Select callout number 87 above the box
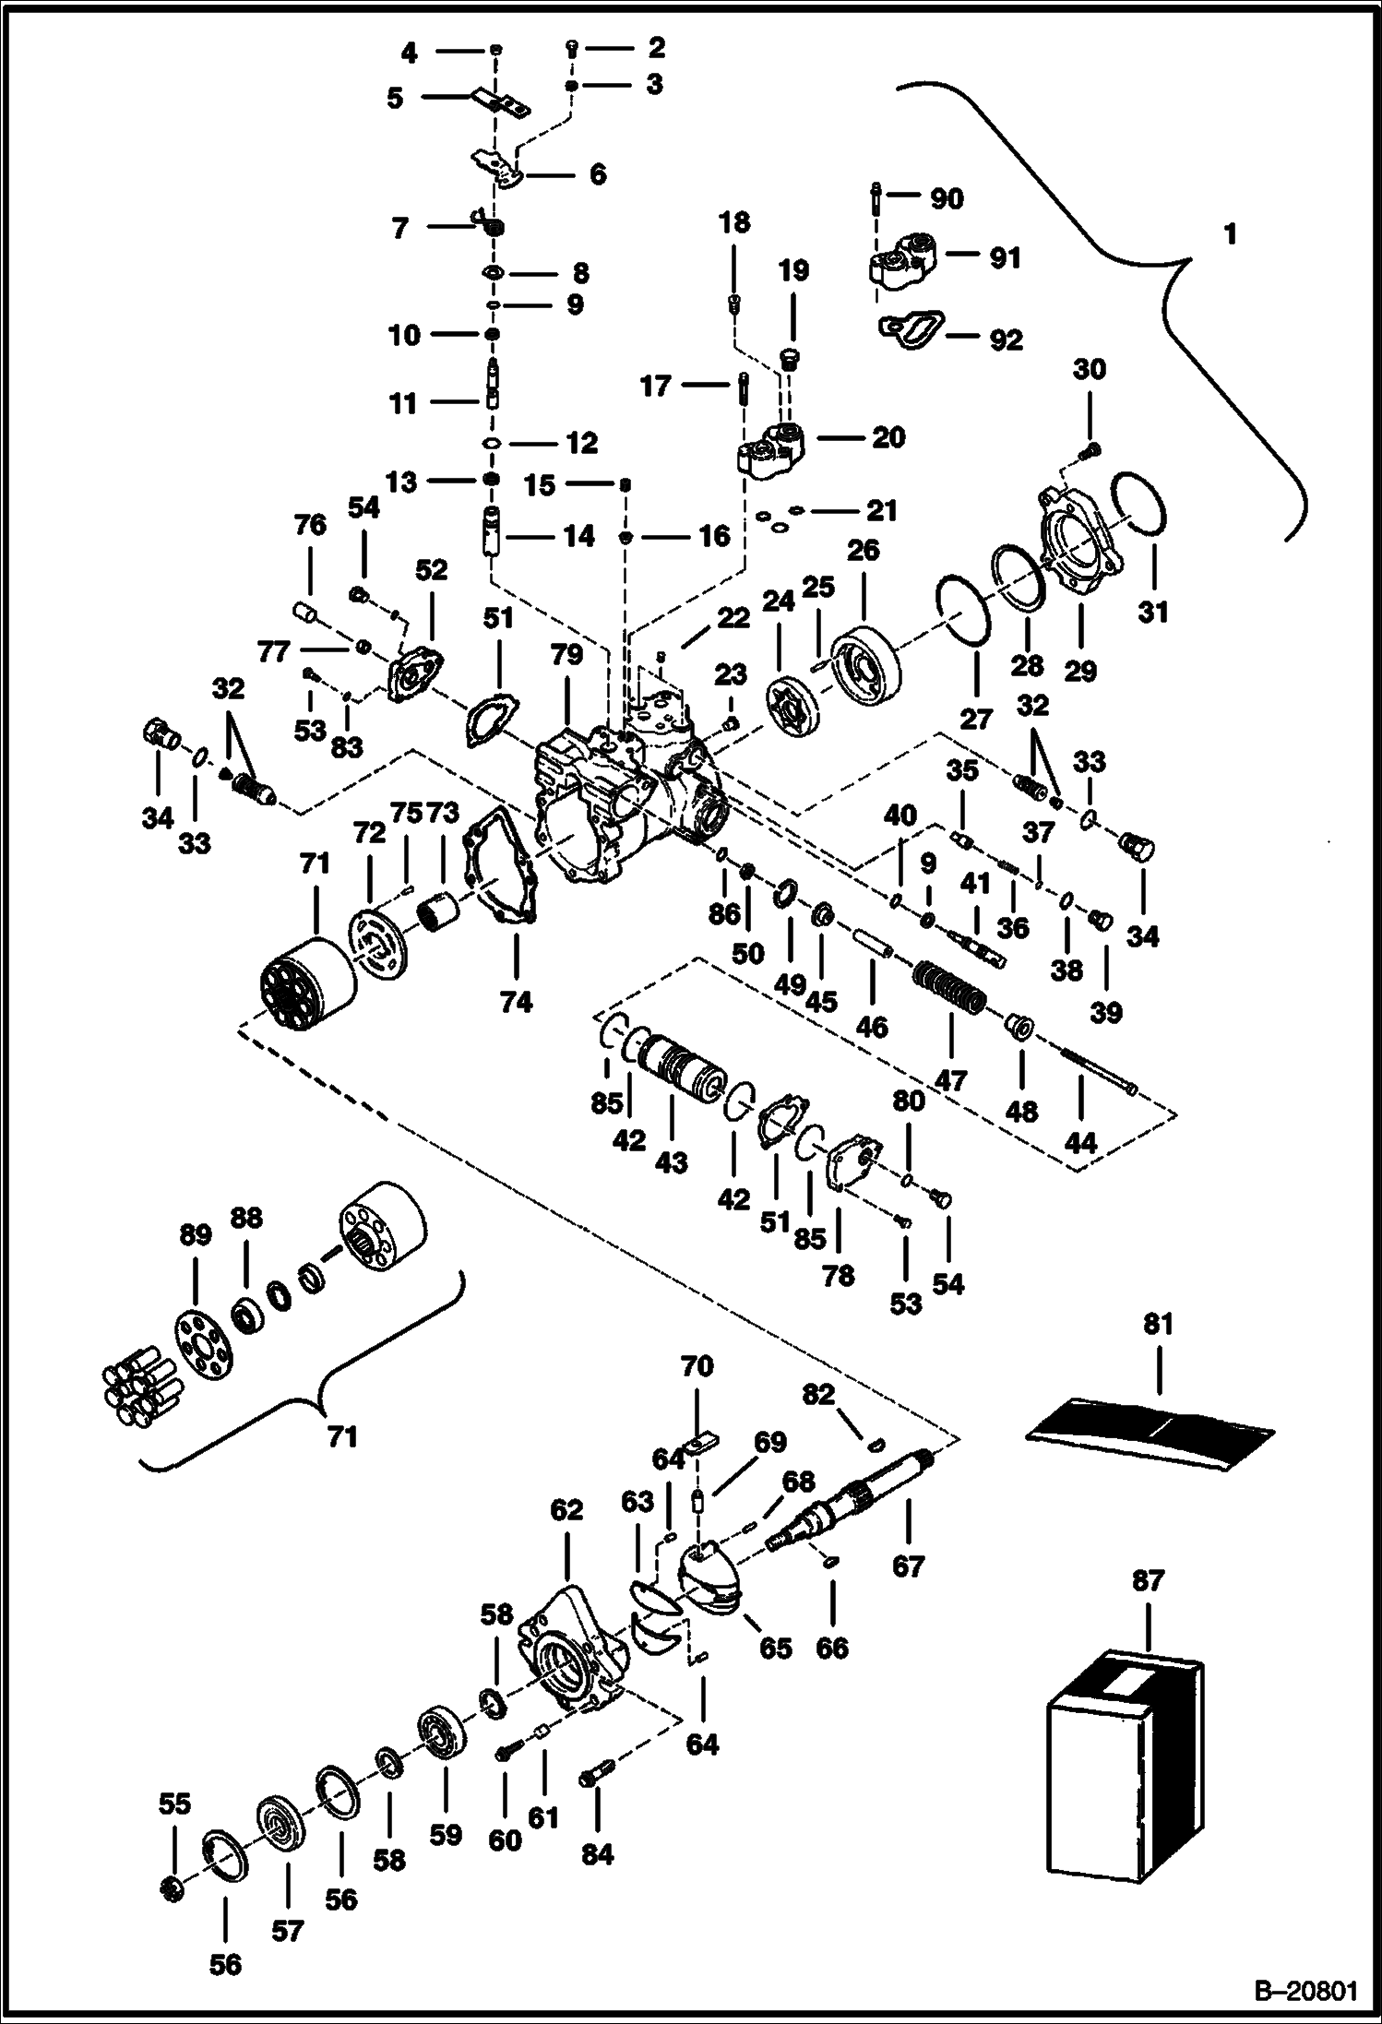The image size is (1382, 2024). [x=1149, y=1581]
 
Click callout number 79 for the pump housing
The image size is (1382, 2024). [x=566, y=655]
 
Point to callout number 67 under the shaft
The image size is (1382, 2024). [x=908, y=1566]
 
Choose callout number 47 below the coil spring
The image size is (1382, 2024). [x=951, y=1079]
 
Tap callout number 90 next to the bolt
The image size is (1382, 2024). [x=947, y=198]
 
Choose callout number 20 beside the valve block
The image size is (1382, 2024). [x=888, y=437]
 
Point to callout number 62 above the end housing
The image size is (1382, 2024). [x=566, y=1510]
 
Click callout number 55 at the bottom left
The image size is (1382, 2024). [x=174, y=1804]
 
